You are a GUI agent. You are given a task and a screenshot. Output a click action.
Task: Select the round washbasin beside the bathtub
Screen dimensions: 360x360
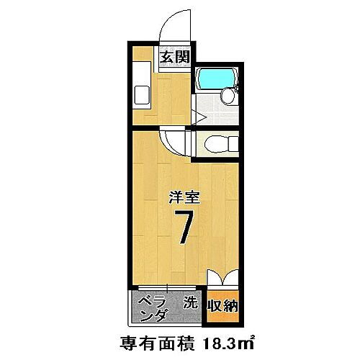pyautogui.click(x=228, y=96)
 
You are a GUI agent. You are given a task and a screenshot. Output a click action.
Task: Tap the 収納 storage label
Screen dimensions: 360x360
pyautogui.click(x=223, y=306)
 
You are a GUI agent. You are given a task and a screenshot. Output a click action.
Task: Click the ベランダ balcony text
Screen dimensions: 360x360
pyautogui.click(x=152, y=307)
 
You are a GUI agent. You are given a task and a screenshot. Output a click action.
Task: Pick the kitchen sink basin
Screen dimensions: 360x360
pyautogui.click(x=142, y=95)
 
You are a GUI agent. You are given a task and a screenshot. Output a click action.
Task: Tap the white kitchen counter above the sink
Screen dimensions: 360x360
pyautogui.click(x=142, y=71)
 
